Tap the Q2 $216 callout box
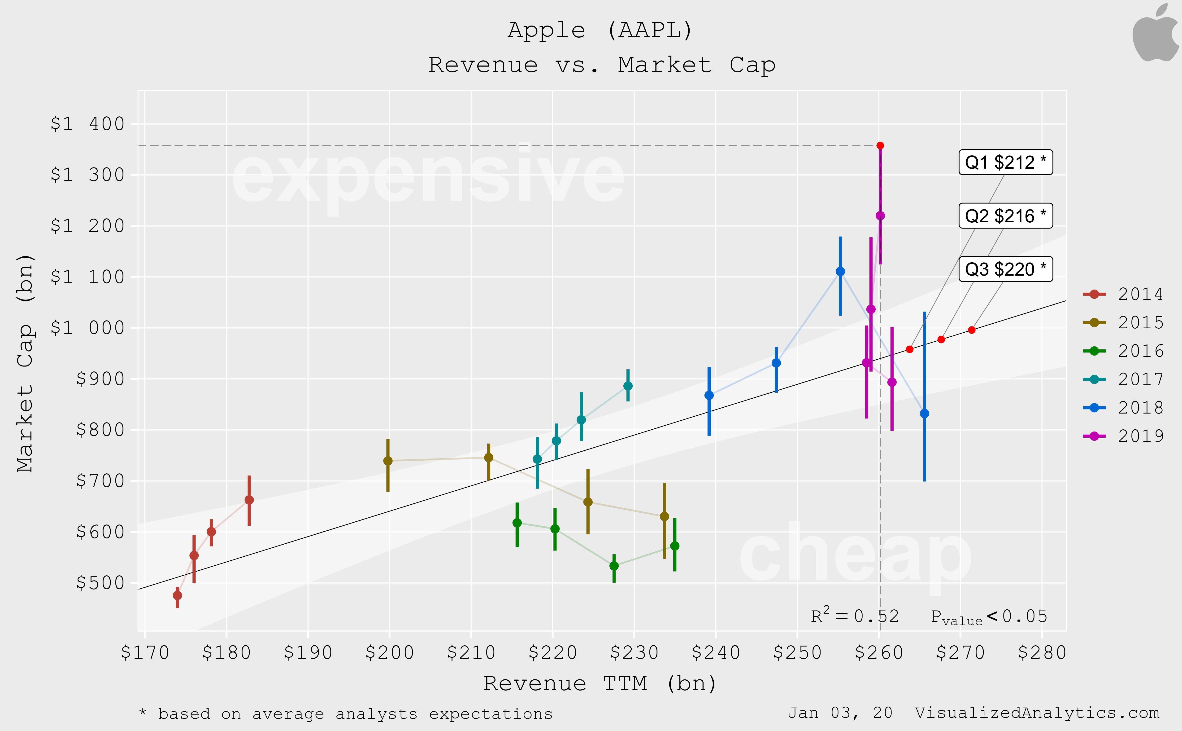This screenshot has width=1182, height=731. click(1005, 216)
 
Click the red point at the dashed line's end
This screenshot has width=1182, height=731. click(880, 145)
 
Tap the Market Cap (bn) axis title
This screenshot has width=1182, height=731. click(25, 363)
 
